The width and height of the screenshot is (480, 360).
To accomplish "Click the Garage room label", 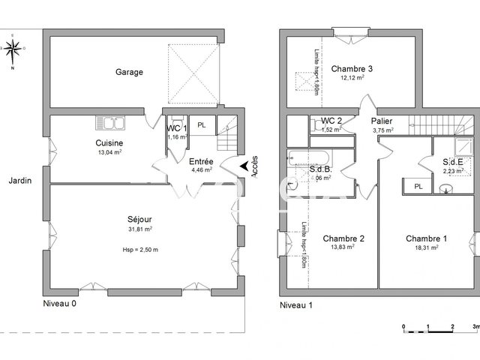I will [x=129, y=72].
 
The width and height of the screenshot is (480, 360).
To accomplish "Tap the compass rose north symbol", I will [x=13, y=50].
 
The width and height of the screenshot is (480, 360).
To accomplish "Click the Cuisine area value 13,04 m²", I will [x=109, y=151].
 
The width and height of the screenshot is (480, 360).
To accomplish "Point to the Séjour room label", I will [x=140, y=219].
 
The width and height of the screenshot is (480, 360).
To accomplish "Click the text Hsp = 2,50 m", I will [x=140, y=249].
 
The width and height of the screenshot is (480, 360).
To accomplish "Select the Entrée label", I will [x=200, y=161].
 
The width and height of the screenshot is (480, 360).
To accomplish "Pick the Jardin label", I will [x=19, y=181].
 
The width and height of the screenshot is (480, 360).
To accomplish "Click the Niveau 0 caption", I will [x=59, y=304].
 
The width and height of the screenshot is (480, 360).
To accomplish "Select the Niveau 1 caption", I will [x=296, y=305].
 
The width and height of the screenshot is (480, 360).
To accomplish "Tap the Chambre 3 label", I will [x=352, y=68].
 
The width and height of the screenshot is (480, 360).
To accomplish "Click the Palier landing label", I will [x=382, y=121].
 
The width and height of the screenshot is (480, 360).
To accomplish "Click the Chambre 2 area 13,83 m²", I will [x=343, y=248].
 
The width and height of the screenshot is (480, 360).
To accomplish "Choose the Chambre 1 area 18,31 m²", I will [x=427, y=248].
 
